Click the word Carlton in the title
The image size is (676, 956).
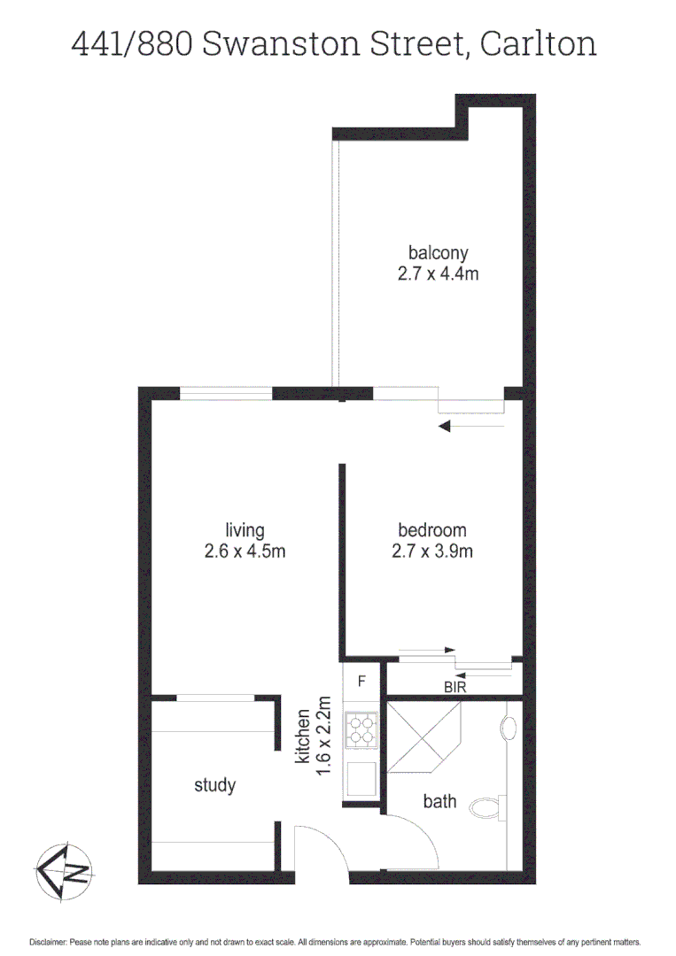[x=538, y=43]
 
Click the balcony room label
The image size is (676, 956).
[x=438, y=251]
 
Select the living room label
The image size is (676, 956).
[x=245, y=530]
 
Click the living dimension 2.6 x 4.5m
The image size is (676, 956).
[x=245, y=551]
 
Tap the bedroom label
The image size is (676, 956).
[x=432, y=530]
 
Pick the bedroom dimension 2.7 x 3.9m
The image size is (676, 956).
[x=432, y=551]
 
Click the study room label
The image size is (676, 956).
[x=214, y=785]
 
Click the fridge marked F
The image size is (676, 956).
[x=361, y=682]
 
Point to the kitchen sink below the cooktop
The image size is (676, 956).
[x=361, y=778]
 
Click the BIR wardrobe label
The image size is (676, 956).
[x=455, y=686]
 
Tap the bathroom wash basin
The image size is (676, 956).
[x=508, y=729]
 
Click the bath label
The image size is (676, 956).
[x=439, y=802]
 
